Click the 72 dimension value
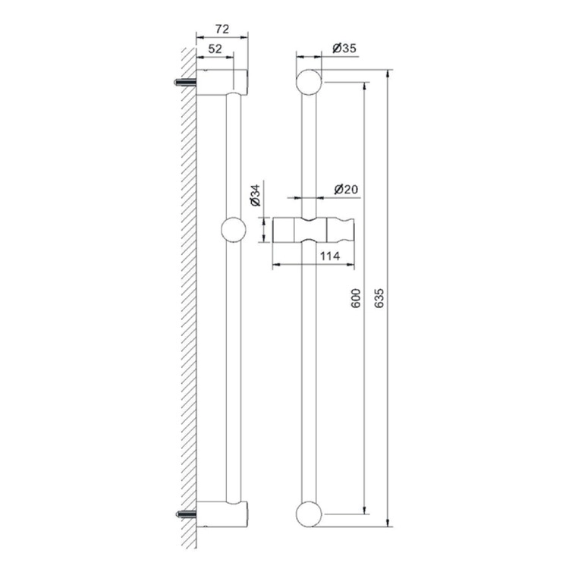222,29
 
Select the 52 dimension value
215,49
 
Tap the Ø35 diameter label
344,48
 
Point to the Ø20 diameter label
346,189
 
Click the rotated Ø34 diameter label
256,195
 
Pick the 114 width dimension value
330,256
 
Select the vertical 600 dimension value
356,298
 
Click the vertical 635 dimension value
379,298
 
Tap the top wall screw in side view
185,83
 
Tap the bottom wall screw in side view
186,514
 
